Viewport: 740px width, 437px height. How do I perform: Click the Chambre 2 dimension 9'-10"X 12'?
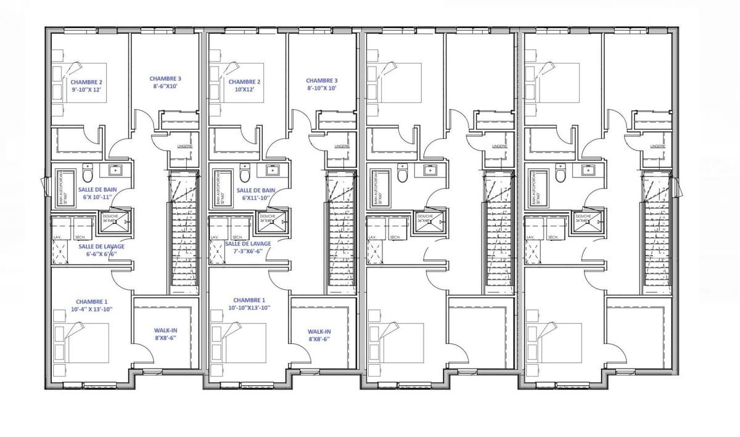[x=86, y=90]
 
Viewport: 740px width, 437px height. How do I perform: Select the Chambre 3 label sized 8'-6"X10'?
[x=165, y=87]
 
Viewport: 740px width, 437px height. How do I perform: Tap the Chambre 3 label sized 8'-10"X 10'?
[x=322, y=89]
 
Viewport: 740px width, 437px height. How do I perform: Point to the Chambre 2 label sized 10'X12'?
[x=244, y=90]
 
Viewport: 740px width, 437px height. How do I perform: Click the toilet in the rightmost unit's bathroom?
[x=560, y=174]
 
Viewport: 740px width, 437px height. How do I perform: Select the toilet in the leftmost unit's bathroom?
[x=87, y=174]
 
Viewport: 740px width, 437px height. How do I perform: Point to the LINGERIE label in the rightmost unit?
[x=658, y=147]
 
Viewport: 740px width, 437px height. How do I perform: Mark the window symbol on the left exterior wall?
[x=43, y=184]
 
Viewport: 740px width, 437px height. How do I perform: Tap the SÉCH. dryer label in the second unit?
[x=237, y=237]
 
